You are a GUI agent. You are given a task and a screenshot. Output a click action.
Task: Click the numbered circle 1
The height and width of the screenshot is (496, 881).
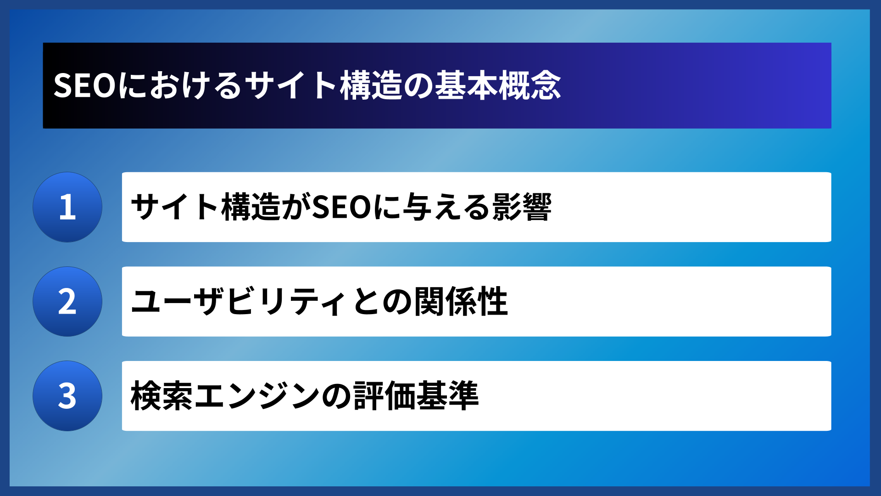pyautogui.click(x=67, y=207)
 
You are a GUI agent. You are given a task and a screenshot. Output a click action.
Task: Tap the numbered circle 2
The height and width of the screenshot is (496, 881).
pyautogui.click(x=67, y=302)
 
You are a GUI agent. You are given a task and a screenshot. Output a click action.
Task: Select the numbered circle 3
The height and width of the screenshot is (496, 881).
pyautogui.click(x=67, y=396)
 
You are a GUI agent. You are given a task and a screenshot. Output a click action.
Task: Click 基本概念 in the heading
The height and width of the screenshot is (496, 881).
pyautogui.click(x=498, y=86)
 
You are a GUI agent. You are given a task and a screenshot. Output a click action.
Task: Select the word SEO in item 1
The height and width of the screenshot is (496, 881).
pyautogui.click(x=341, y=207)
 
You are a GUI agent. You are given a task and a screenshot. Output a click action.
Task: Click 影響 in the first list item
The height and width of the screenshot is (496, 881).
pyautogui.click(x=522, y=207)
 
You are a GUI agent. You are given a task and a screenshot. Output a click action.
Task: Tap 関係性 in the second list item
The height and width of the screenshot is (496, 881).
pyautogui.click(x=461, y=302)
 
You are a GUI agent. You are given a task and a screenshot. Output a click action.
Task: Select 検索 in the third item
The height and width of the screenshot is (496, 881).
pyautogui.click(x=162, y=396)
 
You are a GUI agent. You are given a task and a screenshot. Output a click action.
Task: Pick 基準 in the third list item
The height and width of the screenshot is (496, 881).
pyautogui.click(x=448, y=396)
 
